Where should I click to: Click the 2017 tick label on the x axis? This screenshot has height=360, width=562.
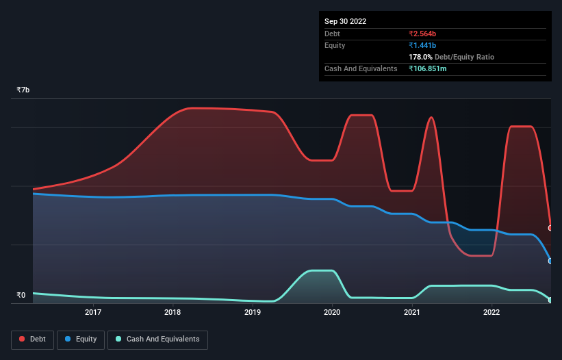pos(93,313)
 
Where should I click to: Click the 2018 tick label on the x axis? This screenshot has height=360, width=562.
pos(173,313)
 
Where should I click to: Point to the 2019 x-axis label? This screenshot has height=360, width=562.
pos(253,313)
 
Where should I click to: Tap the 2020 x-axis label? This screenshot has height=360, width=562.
pos(332,313)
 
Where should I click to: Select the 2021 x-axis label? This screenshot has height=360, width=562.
pos(411,313)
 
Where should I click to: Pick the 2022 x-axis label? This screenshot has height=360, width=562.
pos(491,313)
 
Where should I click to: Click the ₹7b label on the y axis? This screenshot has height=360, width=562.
pos(23,90)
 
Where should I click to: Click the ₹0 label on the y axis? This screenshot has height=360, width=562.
pos(21,296)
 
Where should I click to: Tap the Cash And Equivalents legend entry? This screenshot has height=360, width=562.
pos(157,339)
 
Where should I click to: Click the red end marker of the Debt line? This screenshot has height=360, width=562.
pos(550,228)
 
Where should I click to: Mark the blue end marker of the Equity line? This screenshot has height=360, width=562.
pos(550,261)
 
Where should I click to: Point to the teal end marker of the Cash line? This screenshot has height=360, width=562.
pos(550,300)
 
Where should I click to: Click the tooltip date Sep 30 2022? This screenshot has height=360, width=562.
pos(345,21)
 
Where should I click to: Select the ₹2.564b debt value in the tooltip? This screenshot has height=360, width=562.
pos(424,34)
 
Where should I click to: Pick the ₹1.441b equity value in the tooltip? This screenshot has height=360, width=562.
pos(424,45)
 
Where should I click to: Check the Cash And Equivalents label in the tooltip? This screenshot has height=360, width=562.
pos(361,68)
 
